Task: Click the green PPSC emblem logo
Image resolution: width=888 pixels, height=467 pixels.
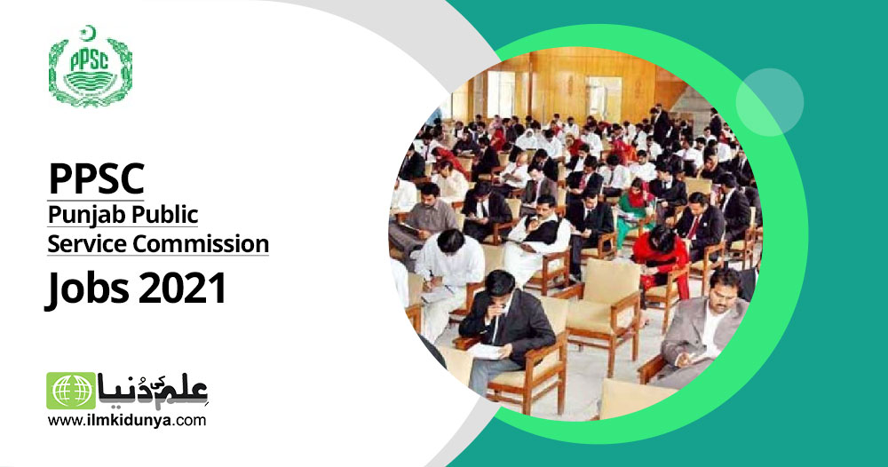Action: coord(90,66)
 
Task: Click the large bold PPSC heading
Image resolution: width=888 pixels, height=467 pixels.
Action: coord(96,178)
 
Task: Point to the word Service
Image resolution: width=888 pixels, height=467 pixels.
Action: coord(87,244)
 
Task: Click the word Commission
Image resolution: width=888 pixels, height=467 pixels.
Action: coord(201,244)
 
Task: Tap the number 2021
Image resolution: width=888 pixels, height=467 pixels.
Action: coord(182,289)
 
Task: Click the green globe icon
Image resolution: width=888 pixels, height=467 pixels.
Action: coord(71,391)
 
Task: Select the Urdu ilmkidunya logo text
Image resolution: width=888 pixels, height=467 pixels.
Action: coord(153,391)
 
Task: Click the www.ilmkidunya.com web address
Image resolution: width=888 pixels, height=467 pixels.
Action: coord(127,421)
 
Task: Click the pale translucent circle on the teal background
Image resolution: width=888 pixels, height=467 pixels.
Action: coord(769,102)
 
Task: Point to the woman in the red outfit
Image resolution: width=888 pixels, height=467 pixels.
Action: coord(662,257)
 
